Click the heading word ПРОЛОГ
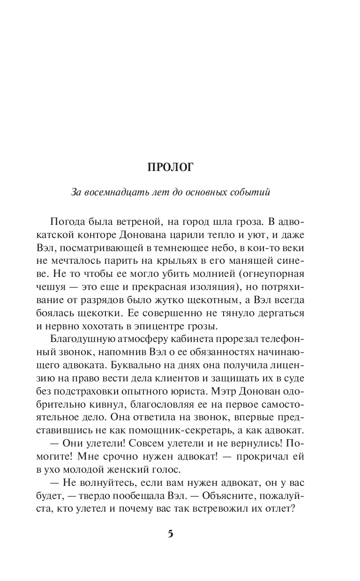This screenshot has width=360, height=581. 170,168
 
